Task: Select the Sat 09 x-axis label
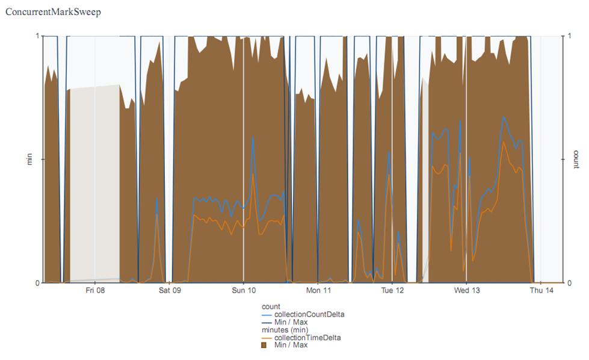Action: [x=170, y=291]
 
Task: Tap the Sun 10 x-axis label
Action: [x=243, y=291]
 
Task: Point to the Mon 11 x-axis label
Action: [x=319, y=291]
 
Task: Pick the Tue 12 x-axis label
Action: [x=392, y=291]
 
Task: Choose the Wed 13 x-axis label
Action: [x=467, y=291]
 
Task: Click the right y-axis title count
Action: [x=576, y=159]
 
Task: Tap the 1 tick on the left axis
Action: [x=37, y=36]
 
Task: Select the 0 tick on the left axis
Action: [x=37, y=283]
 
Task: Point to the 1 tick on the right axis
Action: [x=570, y=36]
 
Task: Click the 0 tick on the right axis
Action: [x=570, y=283]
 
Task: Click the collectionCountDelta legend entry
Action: [x=309, y=314]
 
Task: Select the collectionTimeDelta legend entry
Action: [x=307, y=338]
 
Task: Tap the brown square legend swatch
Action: [x=265, y=346]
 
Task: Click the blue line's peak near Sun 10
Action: [x=253, y=137]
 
